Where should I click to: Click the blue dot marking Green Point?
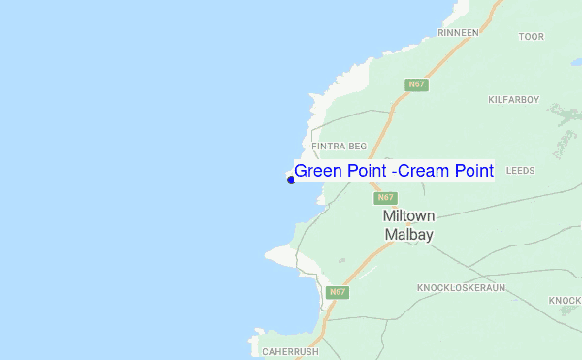[x=290, y=180]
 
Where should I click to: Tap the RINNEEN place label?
[x=459, y=32]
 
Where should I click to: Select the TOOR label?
[x=532, y=37]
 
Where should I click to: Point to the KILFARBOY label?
[x=514, y=99]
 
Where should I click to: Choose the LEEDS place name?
[x=520, y=169]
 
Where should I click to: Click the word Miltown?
[x=408, y=215]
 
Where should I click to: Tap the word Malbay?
[x=408, y=235]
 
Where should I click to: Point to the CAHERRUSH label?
[x=291, y=351]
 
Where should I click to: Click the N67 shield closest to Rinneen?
[x=416, y=84]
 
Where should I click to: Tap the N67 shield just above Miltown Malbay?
[x=385, y=197]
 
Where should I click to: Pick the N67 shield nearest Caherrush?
[x=337, y=292]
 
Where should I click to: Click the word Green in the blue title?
[x=318, y=171]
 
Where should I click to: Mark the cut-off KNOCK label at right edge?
[x=564, y=300]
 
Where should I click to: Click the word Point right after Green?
[x=370, y=171]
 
